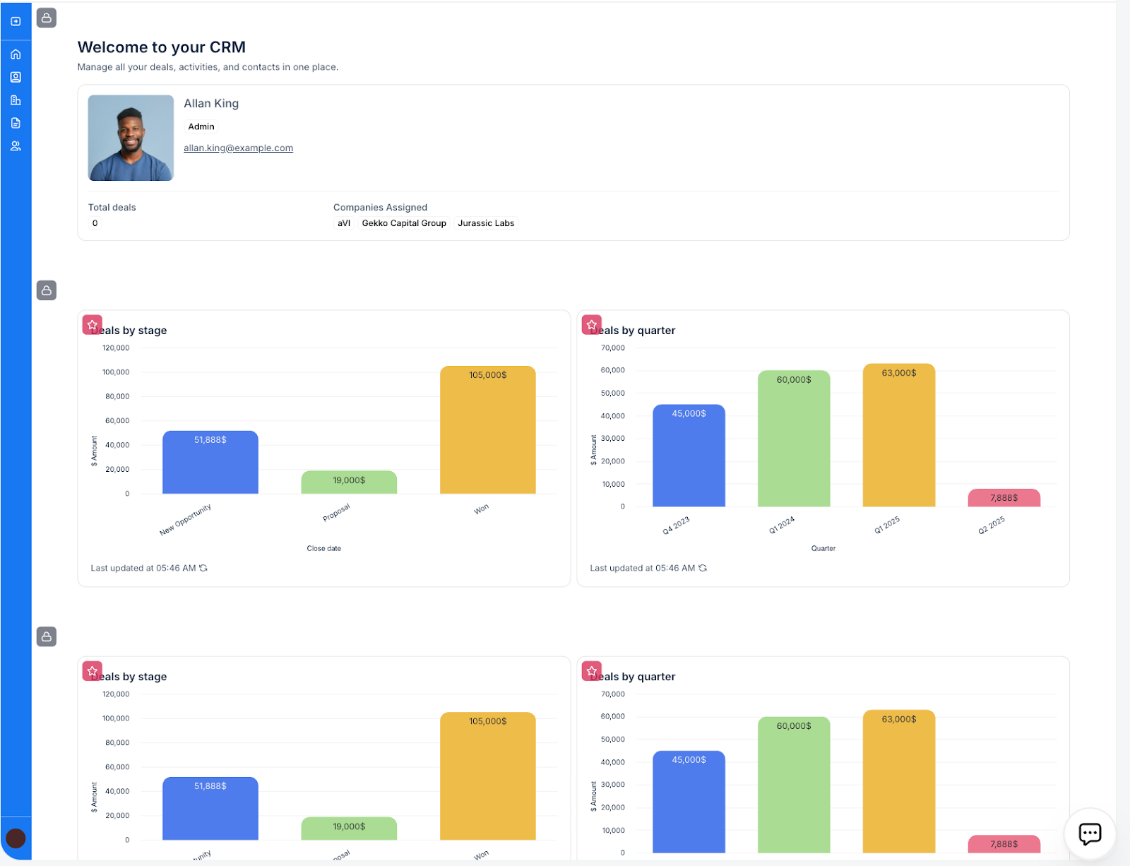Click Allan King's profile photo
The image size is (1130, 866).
[x=131, y=138]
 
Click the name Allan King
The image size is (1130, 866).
[x=211, y=103]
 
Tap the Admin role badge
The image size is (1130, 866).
[x=201, y=126]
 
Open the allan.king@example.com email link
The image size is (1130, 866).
[x=238, y=148]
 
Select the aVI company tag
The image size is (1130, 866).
[x=344, y=223]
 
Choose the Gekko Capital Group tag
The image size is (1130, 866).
[x=404, y=223]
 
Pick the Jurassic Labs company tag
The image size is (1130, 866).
[x=486, y=223]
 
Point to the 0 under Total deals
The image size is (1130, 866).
[x=95, y=223]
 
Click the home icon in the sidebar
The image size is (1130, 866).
[x=16, y=54]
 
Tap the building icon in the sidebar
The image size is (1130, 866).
[x=16, y=100]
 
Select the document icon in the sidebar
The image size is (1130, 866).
[x=16, y=123]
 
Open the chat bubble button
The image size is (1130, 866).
[x=1090, y=834]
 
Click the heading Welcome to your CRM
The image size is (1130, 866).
[x=162, y=47]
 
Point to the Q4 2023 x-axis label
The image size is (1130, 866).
[x=676, y=526]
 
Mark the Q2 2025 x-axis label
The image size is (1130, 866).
[x=992, y=526]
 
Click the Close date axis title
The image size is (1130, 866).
[x=324, y=548]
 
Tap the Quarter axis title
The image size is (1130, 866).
[x=823, y=548]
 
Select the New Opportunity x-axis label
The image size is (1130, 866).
[x=186, y=520]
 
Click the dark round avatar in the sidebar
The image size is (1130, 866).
[x=16, y=838]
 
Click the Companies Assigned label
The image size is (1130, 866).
[x=380, y=207]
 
